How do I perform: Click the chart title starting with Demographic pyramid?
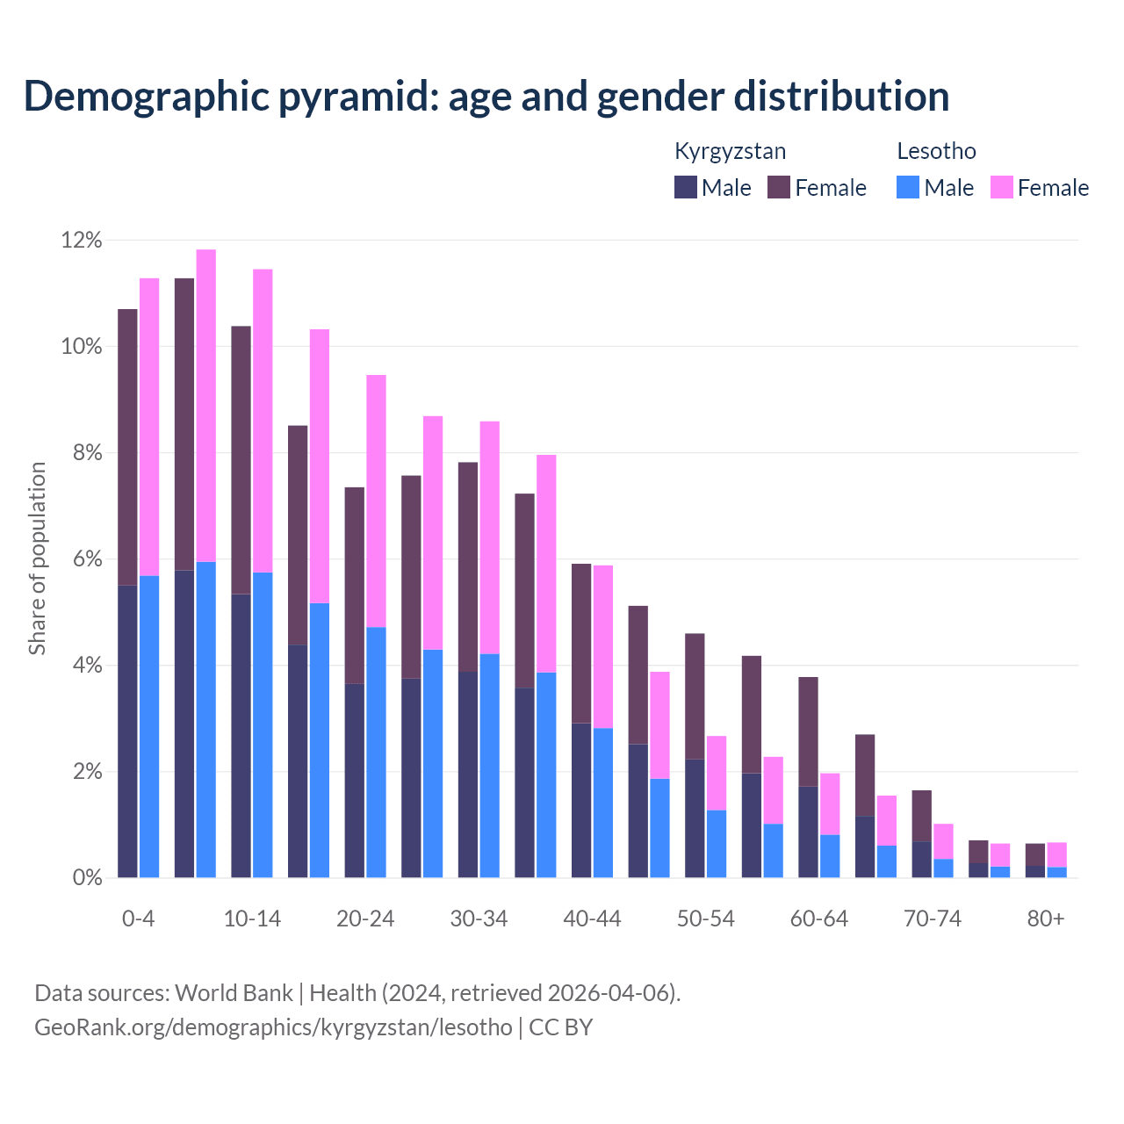coord(486,96)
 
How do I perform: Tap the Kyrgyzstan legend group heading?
coord(730,151)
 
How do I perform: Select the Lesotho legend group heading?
coord(936,151)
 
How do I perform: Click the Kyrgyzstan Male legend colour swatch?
coord(686,187)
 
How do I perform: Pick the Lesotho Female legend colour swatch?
coord(1001,187)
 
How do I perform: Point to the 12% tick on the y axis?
coord(82,241)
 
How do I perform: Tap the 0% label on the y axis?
coord(86,878)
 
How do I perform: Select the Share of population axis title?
coord(38,558)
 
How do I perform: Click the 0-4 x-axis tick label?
coord(138,919)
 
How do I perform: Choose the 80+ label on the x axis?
coord(1046,919)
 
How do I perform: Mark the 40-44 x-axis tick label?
coord(592,919)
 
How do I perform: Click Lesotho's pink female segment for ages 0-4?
coord(149,427)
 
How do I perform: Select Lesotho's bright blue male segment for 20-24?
coord(376,752)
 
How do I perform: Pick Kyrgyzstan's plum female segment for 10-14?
coord(241,460)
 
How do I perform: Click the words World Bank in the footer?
coord(234,993)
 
